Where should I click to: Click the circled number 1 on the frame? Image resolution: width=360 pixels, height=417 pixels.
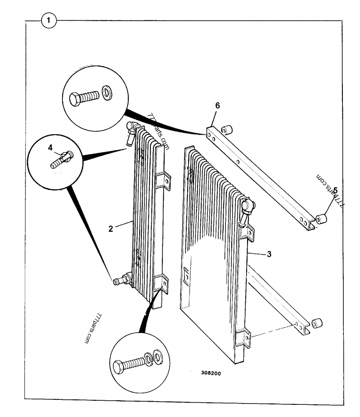(x=49, y=20)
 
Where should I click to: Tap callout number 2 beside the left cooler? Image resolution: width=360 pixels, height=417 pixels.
(x=111, y=228)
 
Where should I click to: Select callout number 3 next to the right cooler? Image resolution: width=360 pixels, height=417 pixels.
(x=269, y=254)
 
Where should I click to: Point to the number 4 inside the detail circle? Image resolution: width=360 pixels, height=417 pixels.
(x=50, y=147)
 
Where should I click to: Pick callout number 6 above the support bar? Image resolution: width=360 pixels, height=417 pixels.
(x=217, y=105)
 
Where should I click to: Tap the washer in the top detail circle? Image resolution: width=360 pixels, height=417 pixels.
(x=108, y=93)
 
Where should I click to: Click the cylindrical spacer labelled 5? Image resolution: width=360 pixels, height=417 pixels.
(x=321, y=219)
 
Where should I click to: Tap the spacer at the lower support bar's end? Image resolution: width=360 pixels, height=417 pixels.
(x=317, y=323)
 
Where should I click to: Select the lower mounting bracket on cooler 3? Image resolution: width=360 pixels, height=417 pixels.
(x=243, y=338)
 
